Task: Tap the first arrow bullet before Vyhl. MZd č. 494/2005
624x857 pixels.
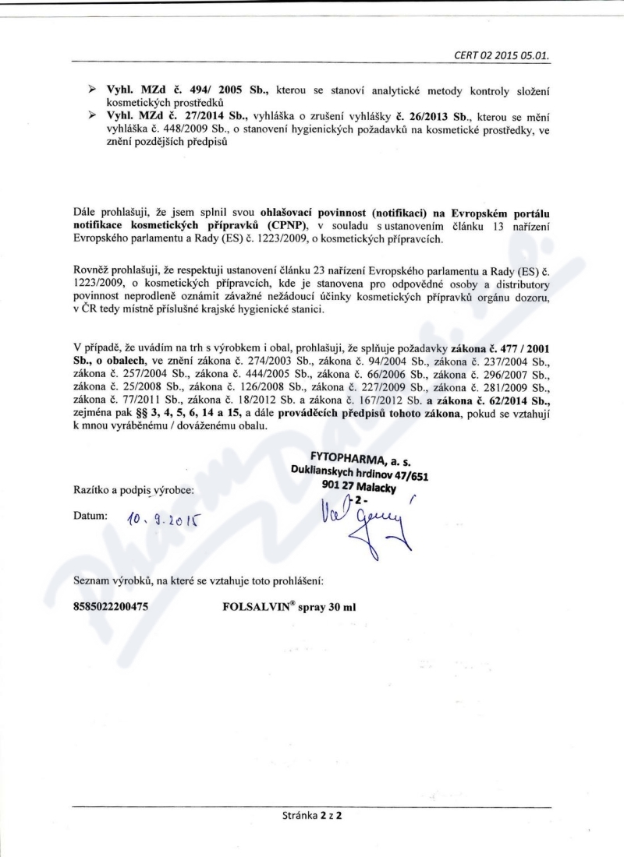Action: click(93, 91)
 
